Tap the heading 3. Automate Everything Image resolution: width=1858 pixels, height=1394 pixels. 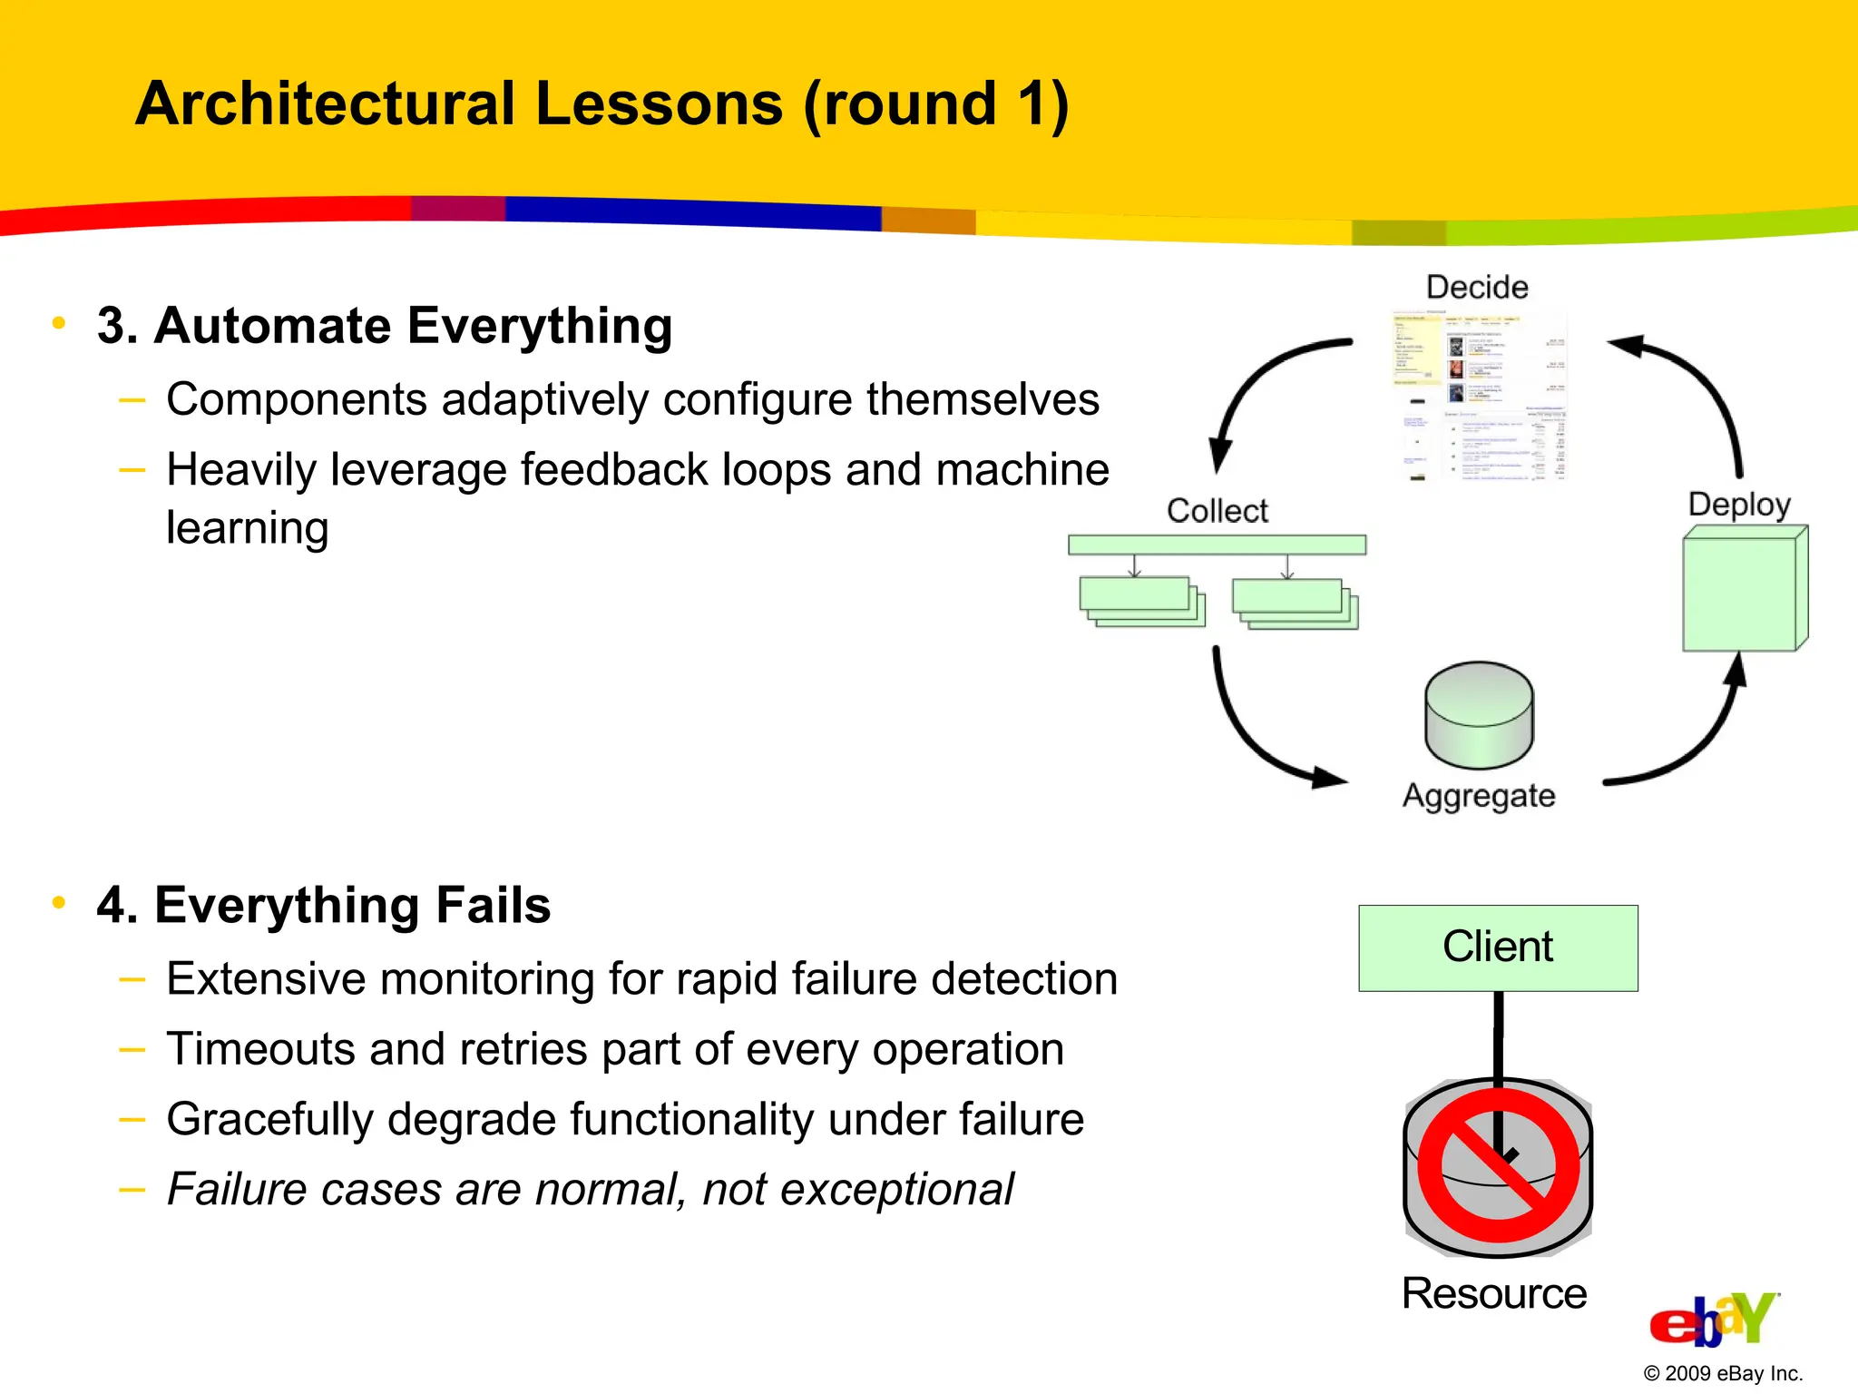[x=385, y=326]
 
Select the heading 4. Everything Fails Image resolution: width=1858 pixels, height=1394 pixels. [x=324, y=905]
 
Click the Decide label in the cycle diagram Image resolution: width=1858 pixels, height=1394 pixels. [x=1477, y=288]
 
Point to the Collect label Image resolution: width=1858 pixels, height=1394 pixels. [x=1217, y=511]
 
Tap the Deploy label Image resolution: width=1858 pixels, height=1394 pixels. [x=1739, y=505]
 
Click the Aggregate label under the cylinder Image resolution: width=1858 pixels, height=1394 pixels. [x=1479, y=796]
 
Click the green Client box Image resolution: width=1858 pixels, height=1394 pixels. [x=1498, y=947]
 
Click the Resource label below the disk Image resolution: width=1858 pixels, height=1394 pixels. [x=1494, y=1293]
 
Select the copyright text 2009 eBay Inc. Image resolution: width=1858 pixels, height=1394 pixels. [x=1723, y=1373]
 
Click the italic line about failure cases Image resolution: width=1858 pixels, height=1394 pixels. [x=590, y=1190]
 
